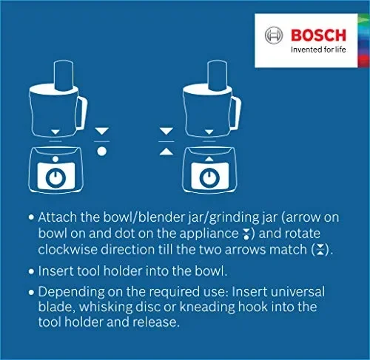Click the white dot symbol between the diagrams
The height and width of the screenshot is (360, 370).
point(102,150)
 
